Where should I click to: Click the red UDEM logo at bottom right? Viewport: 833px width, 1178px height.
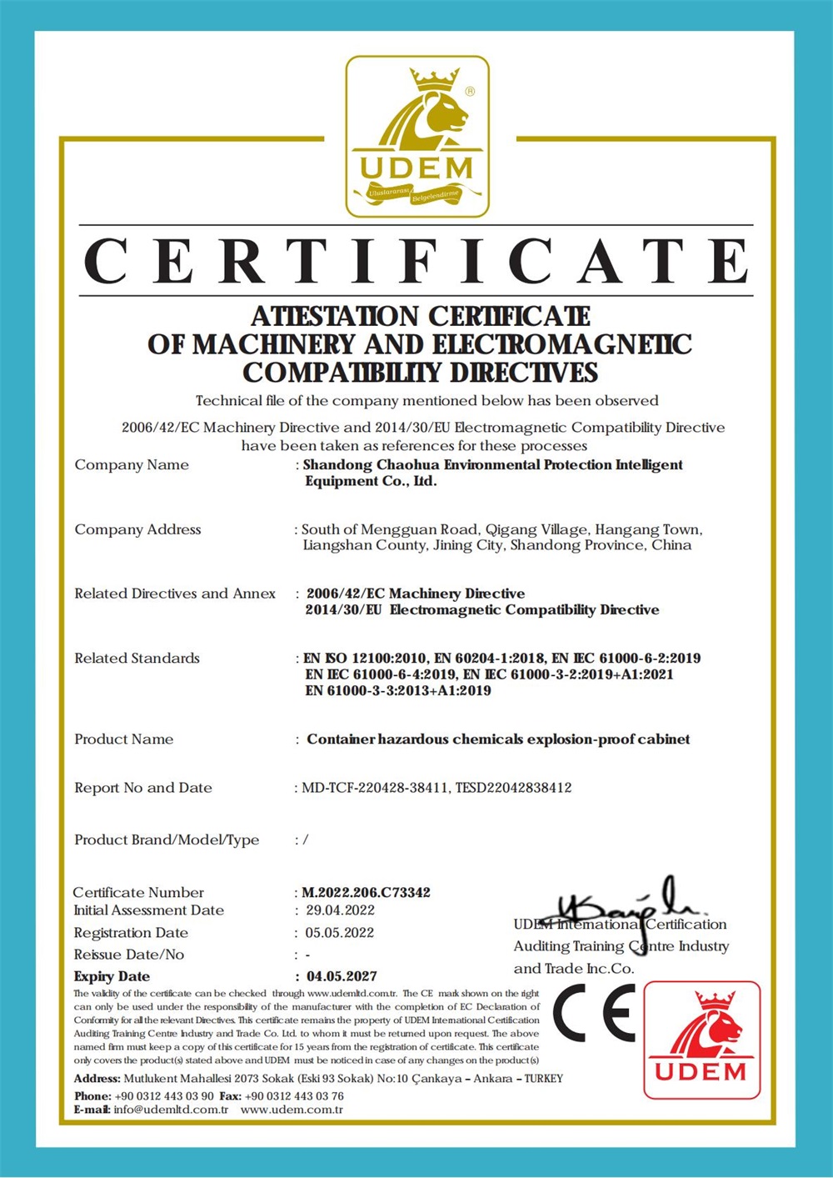701,1040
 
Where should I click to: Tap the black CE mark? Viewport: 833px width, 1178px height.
594,1014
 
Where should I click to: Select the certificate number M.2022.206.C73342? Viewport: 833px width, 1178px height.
366,892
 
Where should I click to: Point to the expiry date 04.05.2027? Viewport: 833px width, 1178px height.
342,976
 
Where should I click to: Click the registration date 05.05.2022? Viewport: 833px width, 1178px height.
339,933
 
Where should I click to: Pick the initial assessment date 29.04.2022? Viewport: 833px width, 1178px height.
340,910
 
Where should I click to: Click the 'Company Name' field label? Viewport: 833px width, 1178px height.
132,465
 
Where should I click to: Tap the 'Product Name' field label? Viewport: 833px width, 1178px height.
124,739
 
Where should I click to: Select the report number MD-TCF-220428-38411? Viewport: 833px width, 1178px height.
375,788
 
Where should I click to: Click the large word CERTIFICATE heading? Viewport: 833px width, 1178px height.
416,261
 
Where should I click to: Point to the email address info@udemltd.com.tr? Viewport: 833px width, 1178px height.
171,1110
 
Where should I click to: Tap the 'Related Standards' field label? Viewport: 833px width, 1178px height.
137,659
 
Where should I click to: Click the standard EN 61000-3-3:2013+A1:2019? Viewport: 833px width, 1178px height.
398,690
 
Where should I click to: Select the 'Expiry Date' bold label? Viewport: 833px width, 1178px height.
112,976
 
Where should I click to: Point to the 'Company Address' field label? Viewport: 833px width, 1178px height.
137,529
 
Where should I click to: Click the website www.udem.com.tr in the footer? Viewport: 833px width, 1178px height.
292,1110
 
